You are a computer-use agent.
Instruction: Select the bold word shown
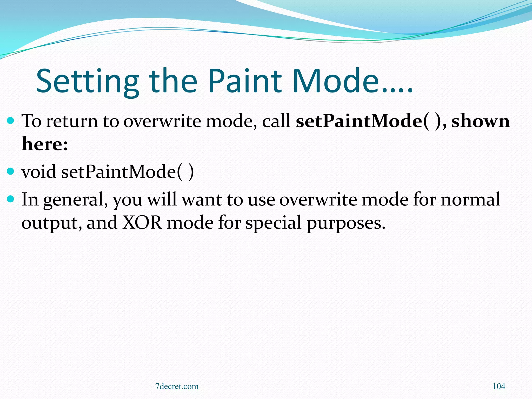(x=481, y=121)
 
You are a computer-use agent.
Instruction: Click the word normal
(x=470, y=199)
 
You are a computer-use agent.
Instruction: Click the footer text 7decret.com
(x=177, y=387)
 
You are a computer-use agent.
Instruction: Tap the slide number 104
(x=499, y=386)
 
